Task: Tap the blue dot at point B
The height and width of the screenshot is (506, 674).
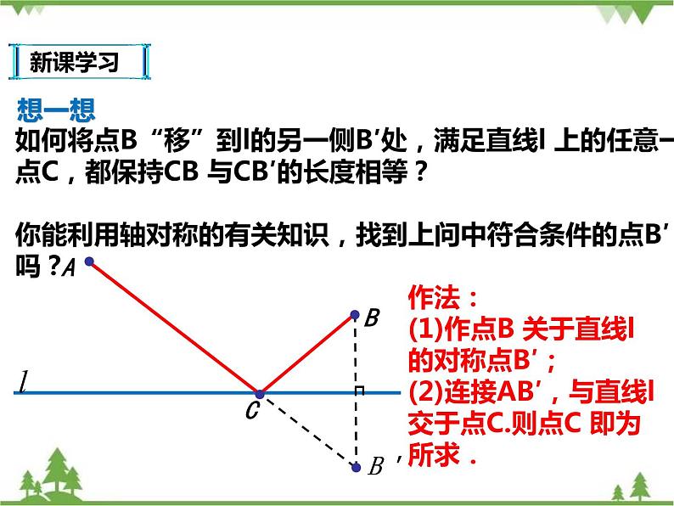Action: tap(356, 315)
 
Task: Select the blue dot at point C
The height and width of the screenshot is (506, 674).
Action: tap(260, 393)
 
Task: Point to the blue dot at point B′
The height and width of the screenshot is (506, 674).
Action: tap(356, 466)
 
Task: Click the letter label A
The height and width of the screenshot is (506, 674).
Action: tap(70, 269)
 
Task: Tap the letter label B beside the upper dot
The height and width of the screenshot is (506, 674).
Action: tap(372, 319)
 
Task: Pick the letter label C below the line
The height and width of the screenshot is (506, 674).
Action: tap(251, 413)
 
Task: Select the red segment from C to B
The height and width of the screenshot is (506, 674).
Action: tap(307, 354)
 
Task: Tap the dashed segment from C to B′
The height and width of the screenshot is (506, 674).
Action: tap(307, 430)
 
